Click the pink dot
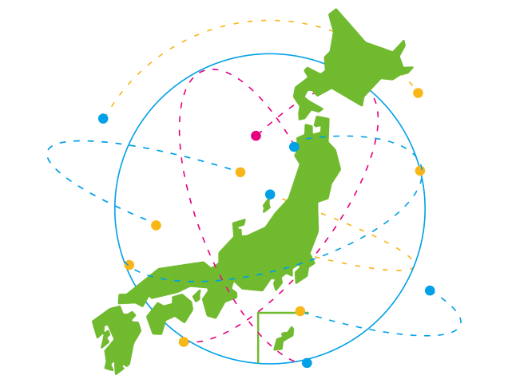tap(256, 136)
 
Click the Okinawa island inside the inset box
tap(284, 338)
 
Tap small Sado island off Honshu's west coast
tap(267, 206)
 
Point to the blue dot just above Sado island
tap(270, 194)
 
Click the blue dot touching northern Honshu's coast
tap(294, 147)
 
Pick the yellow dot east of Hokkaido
tap(418, 93)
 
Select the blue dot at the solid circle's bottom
tap(307, 363)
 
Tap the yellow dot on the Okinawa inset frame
tap(300, 311)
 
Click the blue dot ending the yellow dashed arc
tap(103, 119)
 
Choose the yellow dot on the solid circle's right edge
tap(420, 171)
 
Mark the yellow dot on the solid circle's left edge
tap(129, 265)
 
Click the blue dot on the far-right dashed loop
tap(430, 290)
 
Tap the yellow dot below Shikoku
tap(184, 342)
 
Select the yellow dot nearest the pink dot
tap(240, 172)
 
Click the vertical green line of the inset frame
tap(257, 339)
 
